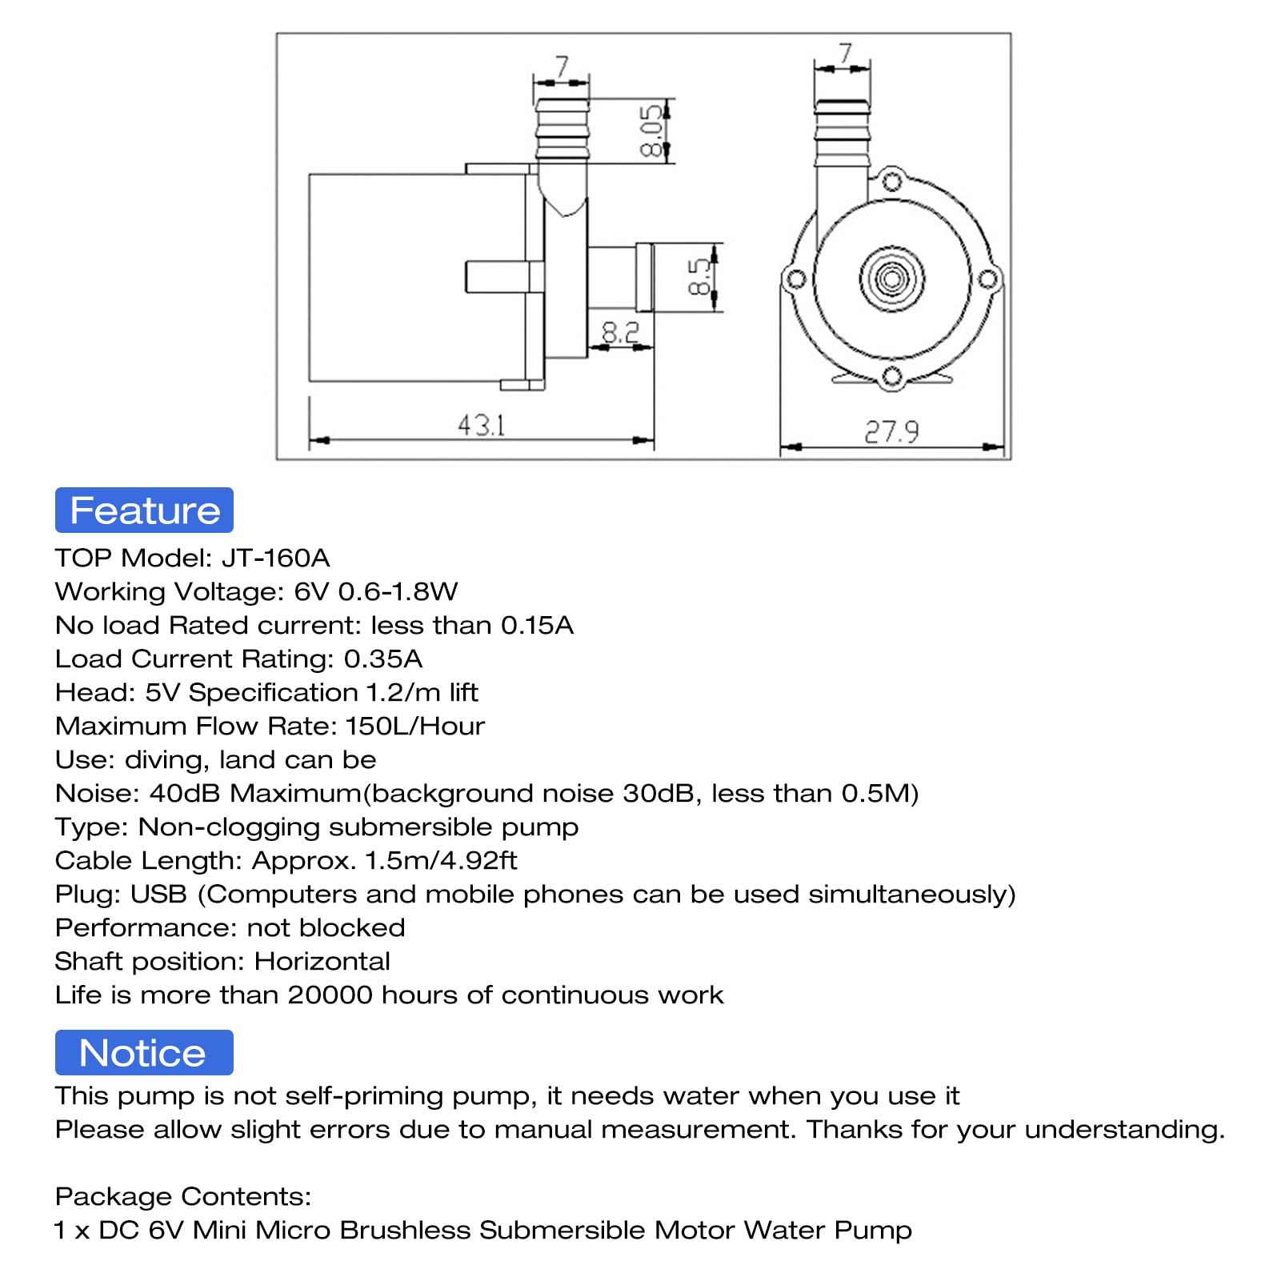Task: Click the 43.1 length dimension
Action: pyautogui.click(x=481, y=425)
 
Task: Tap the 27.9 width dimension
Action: pyautogui.click(x=891, y=432)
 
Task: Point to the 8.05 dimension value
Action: pyautogui.click(x=652, y=130)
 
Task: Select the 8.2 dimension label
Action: pyautogui.click(x=620, y=332)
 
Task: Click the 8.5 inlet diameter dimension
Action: pyautogui.click(x=699, y=277)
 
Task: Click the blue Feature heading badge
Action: pyautogui.click(x=144, y=510)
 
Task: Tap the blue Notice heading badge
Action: pyautogui.click(x=144, y=1053)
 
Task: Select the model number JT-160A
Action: pyautogui.click(x=275, y=558)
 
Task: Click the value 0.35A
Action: pyautogui.click(x=382, y=659)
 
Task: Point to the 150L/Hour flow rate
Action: pyautogui.click(x=414, y=726)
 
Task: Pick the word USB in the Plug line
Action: pyautogui.click(x=158, y=894)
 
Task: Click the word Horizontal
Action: pyautogui.click(x=322, y=961)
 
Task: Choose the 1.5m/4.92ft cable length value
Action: pyautogui.click(x=441, y=860)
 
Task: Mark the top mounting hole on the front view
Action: pyautogui.click(x=891, y=182)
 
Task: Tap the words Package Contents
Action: pyautogui.click(x=182, y=1196)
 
